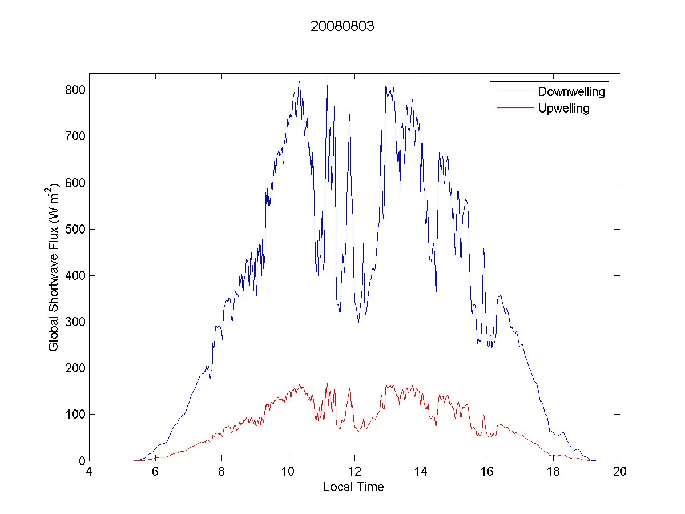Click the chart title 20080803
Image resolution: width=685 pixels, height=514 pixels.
(342, 26)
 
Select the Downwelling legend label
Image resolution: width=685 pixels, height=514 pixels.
(571, 91)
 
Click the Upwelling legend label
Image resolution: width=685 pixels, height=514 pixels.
(563, 108)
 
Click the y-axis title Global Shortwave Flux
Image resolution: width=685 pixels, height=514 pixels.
(54, 267)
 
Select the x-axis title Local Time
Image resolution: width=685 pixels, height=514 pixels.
(353, 487)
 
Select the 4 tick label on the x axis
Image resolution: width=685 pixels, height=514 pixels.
(89, 472)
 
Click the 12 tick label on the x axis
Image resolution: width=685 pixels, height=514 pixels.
(354, 472)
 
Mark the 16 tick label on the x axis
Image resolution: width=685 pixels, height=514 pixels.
(487, 472)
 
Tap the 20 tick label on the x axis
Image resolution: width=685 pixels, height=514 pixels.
(619, 472)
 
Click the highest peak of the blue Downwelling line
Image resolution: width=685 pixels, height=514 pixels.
(327, 77)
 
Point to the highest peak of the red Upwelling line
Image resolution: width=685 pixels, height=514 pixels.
(327, 382)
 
